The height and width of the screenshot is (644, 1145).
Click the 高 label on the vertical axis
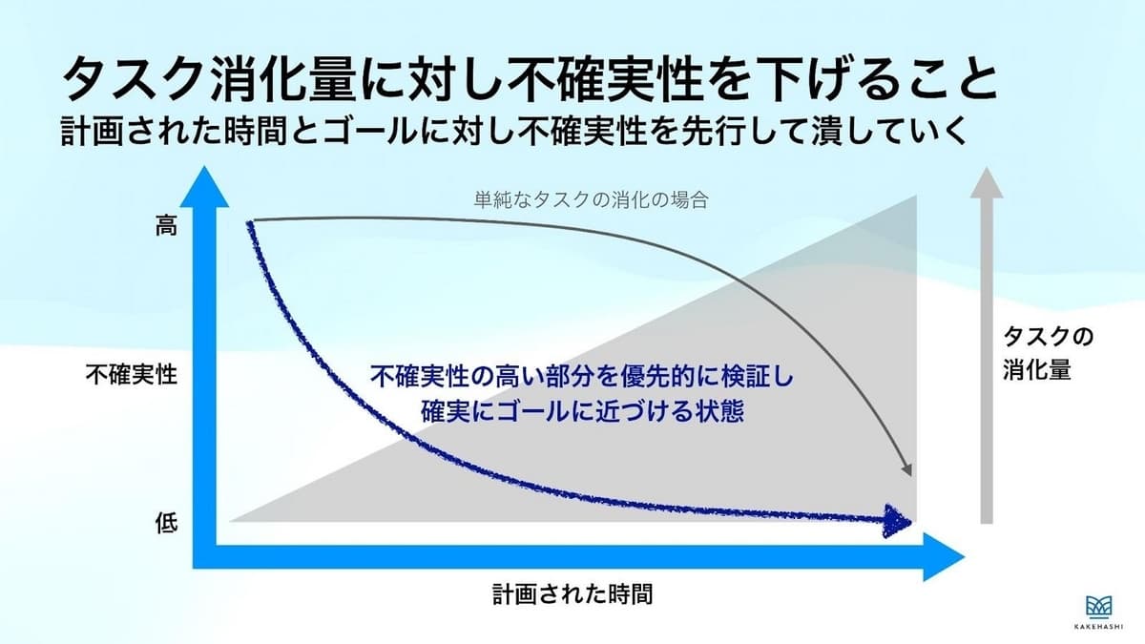click(166, 225)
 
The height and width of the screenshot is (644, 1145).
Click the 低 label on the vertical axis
click(167, 524)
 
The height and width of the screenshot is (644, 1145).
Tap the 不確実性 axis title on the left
click(132, 375)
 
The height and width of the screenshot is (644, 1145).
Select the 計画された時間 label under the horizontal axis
click(572, 594)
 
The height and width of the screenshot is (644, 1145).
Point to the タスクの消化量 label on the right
click(1048, 353)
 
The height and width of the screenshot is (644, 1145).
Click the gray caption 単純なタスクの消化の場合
click(591, 199)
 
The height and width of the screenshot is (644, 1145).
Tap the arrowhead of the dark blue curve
click(898, 521)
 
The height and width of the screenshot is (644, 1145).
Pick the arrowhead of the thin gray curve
click(906, 470)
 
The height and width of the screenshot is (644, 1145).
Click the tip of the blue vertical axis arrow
click(204, 166)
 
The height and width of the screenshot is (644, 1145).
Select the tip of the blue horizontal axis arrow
click(965, 556)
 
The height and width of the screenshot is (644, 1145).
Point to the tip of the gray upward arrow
click(987, 167)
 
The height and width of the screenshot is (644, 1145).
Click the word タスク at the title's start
click(135, 79)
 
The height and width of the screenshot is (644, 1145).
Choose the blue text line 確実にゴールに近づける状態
click(582, 411)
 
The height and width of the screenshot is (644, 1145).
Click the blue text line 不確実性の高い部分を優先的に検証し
click(582, 377)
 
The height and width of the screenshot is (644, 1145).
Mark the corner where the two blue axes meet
click(204, 556)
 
